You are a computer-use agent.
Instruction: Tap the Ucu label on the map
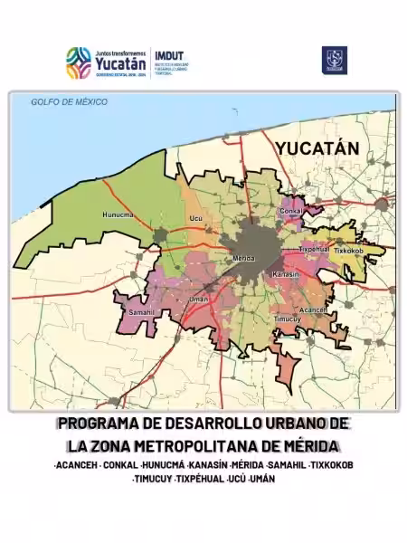194,219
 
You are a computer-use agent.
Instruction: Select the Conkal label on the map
291,211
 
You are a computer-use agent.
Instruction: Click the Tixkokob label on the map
349,250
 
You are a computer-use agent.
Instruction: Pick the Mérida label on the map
244,258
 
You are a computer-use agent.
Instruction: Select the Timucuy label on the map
286,319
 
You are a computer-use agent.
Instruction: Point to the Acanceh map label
313,309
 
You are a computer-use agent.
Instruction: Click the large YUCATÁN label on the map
317,148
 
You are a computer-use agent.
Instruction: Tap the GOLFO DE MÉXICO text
69,102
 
